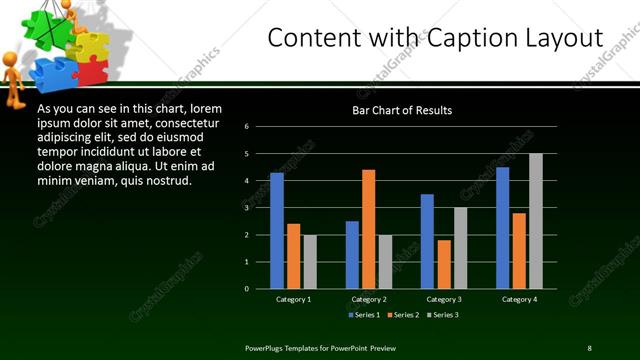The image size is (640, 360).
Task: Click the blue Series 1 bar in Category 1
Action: [x=277, y=231]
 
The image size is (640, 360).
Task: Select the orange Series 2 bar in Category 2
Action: [x=369, y=229]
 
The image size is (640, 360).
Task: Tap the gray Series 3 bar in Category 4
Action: [x=536, y=221]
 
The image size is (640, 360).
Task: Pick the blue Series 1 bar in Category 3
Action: [x=427, y=241]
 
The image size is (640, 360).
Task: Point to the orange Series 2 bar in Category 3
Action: [x=444, y=264]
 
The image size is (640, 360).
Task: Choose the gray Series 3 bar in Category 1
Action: [x=310, y=262]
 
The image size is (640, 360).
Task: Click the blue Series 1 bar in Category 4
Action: [x=502, y=228]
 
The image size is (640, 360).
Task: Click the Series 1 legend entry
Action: [x=364, y=315]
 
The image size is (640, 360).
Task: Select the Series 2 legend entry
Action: [x=404, y=315]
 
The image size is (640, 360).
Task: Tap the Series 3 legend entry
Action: [x=444, y=315]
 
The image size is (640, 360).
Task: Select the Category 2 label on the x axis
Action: [x=369, y=299]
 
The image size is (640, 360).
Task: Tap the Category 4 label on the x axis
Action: [x=519, y=299]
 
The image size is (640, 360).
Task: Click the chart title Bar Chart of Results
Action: [x=402, y=110]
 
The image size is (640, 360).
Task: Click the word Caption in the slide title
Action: [x=449, y=38]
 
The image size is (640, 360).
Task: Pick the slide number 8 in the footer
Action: [x=589, y=347]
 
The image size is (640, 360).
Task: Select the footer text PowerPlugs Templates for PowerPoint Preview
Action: [x=320, y=347]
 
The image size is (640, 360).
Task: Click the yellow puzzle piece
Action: [x=89, y=46]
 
